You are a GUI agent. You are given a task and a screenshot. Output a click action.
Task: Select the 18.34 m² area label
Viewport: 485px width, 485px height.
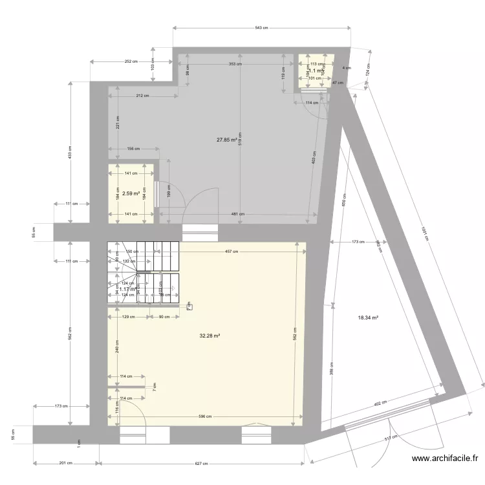[x=367, y=318]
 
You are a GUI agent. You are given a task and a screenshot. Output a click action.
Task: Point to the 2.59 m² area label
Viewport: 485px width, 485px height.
[x=131, y=193]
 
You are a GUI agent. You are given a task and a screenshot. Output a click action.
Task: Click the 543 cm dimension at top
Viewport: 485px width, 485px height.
[x=261, y=28]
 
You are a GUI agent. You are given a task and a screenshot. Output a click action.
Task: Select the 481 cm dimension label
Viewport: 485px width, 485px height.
[x=238, y=214]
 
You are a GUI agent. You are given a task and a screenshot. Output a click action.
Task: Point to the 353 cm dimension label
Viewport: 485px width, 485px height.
[x=235, y=64]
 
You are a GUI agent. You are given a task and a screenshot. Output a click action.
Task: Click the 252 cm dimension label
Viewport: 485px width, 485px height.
[x=131, y=62]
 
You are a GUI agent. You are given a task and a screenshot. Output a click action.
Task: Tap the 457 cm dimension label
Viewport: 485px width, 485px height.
[x=232, y=252]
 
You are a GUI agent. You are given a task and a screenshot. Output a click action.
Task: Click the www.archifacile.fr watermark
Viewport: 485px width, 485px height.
[x=446, y=459]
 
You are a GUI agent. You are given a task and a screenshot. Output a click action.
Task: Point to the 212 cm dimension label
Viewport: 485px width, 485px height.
[x=142, y=96]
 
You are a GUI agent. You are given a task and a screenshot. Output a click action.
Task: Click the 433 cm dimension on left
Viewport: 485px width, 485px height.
[x=69, y=153]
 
